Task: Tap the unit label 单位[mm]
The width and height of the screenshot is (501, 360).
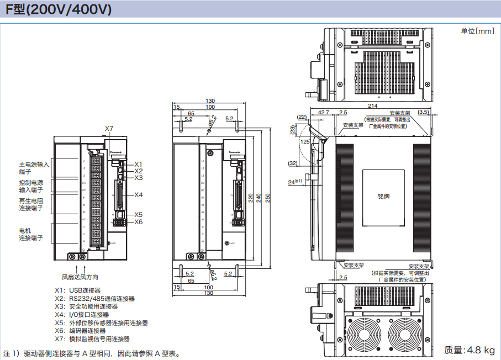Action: point(477,31)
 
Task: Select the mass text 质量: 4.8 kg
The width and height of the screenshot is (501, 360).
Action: point(469,350)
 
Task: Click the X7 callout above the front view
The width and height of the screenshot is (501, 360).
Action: point(109,129)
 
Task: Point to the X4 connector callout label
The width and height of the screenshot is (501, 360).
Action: point(139,195)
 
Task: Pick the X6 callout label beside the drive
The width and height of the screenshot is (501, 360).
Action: point(139,222)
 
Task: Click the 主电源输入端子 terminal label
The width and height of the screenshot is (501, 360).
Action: point(34,168)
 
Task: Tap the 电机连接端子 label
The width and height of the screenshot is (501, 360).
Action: point(30,234)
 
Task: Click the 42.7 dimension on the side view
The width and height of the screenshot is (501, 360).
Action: point(323,112)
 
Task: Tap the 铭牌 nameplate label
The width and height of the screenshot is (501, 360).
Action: point(383,196)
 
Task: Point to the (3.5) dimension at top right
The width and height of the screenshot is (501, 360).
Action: point(423,112)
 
